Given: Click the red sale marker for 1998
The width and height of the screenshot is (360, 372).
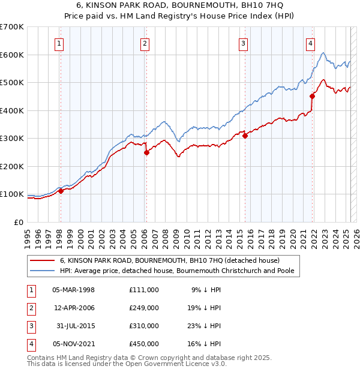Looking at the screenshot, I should [x=61, y=191].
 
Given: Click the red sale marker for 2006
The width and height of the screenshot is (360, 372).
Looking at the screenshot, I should [x=146, y=152].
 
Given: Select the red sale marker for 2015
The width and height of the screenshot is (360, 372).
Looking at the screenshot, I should [x=245, y=136].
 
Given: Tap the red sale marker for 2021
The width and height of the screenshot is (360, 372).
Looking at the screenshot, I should [x=312, y=96].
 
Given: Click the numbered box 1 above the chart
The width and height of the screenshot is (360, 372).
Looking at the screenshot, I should [x=60, y=43].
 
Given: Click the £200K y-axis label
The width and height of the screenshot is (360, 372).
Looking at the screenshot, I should [x=12, y=166].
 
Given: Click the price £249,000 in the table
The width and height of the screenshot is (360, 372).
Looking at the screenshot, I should [x=143, y=307].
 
